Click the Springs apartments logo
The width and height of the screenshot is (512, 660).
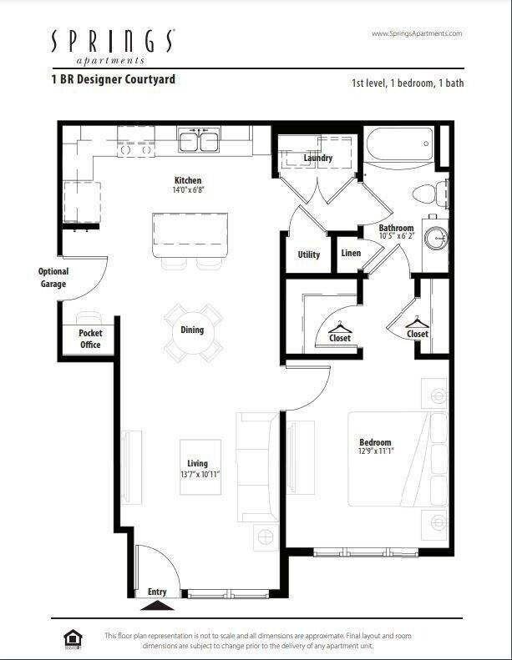(x=114, y=46)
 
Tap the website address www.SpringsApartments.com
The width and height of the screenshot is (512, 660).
(x=415, y=33)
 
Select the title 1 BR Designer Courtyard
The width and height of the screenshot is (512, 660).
(x=113, y=80)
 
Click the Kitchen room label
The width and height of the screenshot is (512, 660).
(x=187, y=180)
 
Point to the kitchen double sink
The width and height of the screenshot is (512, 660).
(x=198, y=140)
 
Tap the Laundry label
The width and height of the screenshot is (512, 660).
(x=317, y=158)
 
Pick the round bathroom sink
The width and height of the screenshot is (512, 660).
(x=436, y=238)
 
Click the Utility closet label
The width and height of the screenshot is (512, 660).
(x=308, y=254)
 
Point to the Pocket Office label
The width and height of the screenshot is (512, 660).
(x=90, y=339)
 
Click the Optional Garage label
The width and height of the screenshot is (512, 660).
(x=53, y=277)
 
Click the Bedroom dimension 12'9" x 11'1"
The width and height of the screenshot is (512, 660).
(x=375, y=451)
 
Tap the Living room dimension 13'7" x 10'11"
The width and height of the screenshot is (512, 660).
(x=197, y=473)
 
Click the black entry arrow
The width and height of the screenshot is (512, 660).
(x=158, y=603)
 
